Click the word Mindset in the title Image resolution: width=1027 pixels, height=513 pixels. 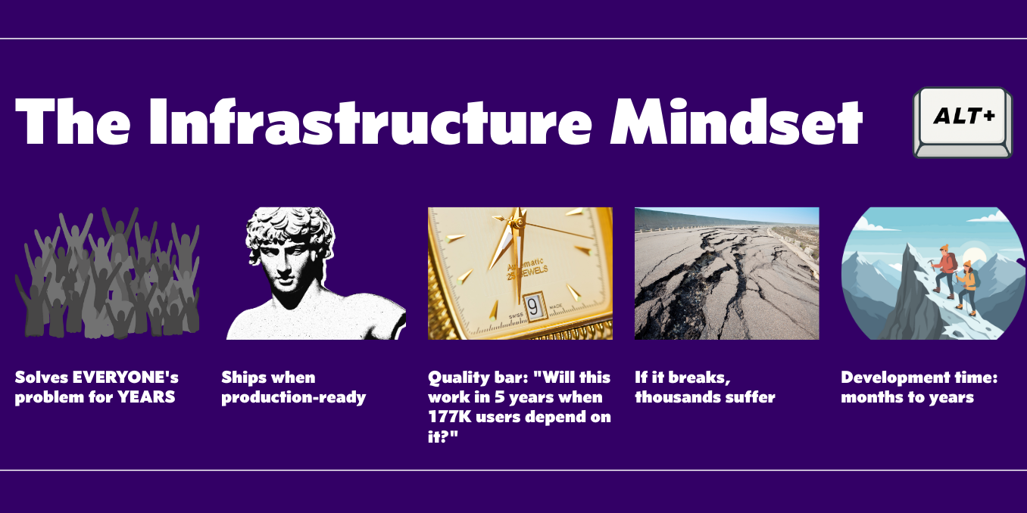(736, 122)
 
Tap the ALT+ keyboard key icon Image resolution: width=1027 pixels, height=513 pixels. (963, 120)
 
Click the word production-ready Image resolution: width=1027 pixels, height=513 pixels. (294, 397)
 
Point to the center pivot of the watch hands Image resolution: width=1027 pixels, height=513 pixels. (517, 223)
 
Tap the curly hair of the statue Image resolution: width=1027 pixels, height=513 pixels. (292, 225)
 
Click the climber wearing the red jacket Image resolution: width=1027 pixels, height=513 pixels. (944, 269)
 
